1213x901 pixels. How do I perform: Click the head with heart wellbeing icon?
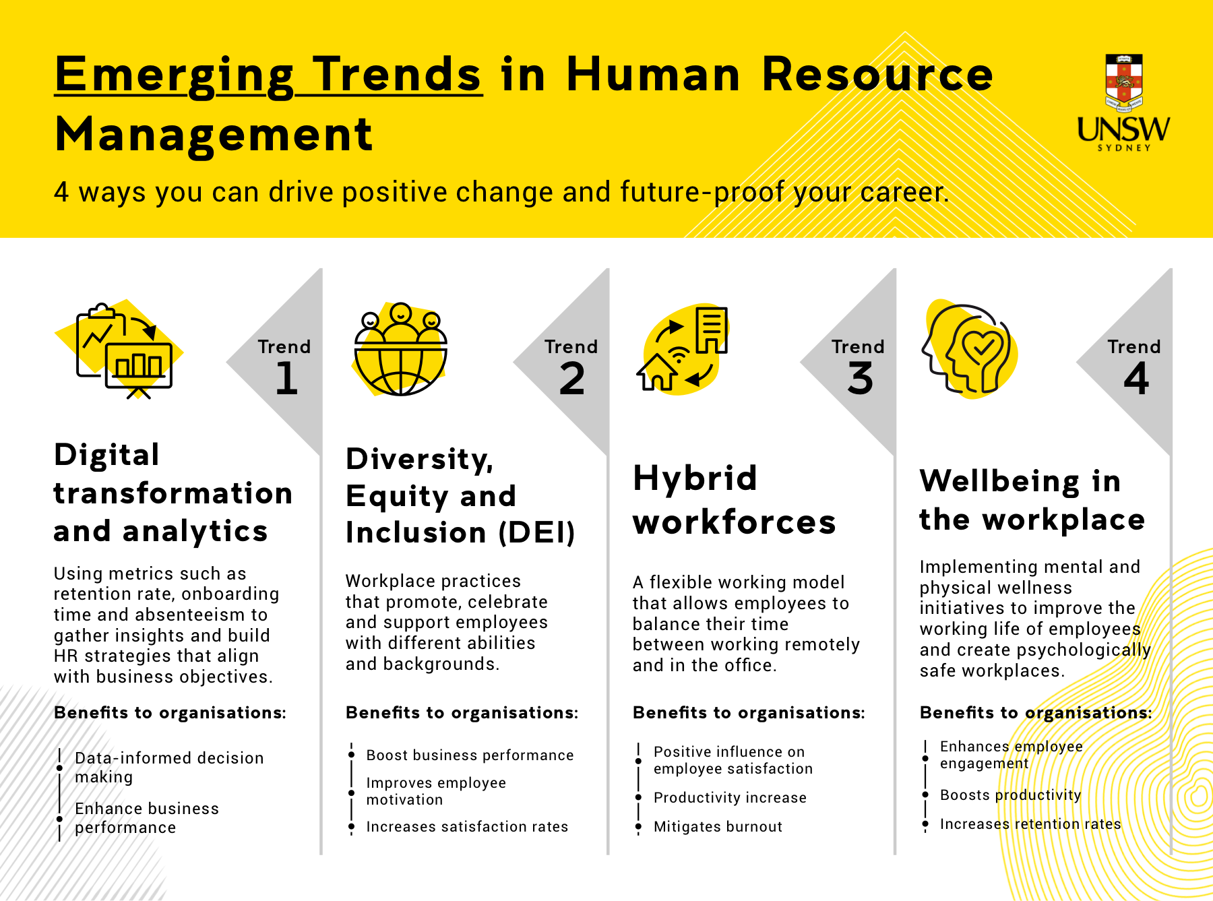pos(969,349)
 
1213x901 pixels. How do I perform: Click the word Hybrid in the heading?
pos(695,478)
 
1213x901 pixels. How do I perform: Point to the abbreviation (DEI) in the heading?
pos(536,533)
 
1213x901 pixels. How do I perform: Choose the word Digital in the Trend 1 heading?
pos(106,455)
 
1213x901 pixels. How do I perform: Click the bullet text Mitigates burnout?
pos(718,827)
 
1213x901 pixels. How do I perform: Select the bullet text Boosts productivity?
pos(1010,795)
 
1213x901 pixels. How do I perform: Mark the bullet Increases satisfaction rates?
pos(467,827)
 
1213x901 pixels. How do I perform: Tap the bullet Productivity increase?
pos(730,798)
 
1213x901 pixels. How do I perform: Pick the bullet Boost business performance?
pos(470,755)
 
